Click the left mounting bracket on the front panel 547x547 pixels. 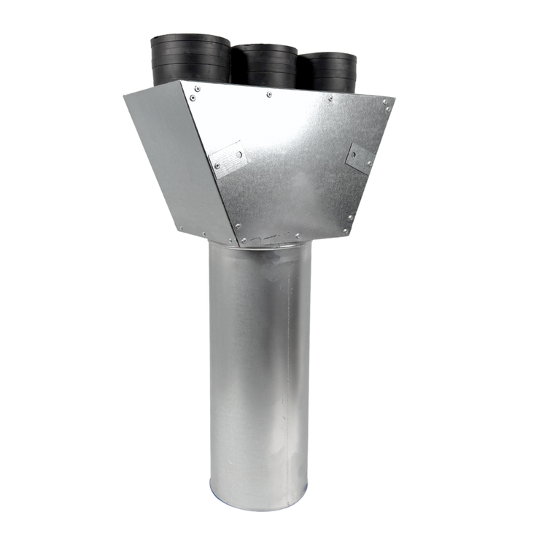coord(228,159)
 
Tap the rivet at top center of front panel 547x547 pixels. coord(269,94)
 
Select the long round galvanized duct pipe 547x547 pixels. coord(259,365)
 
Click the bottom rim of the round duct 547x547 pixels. coord(258,503)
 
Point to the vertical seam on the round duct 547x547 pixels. coord(289,365)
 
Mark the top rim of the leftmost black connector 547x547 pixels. coord(190,37)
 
